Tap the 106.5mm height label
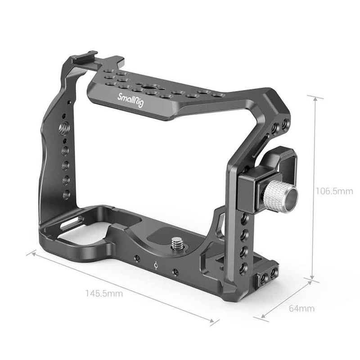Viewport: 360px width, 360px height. click(333, 191)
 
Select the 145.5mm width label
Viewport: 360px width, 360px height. click(104, 293)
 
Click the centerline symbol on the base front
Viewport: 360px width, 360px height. click(156, 266)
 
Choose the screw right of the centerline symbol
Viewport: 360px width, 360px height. click(175, 272)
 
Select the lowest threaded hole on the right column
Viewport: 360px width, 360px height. click(243, 269)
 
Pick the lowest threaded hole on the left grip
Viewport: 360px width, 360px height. click(66, 195)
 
